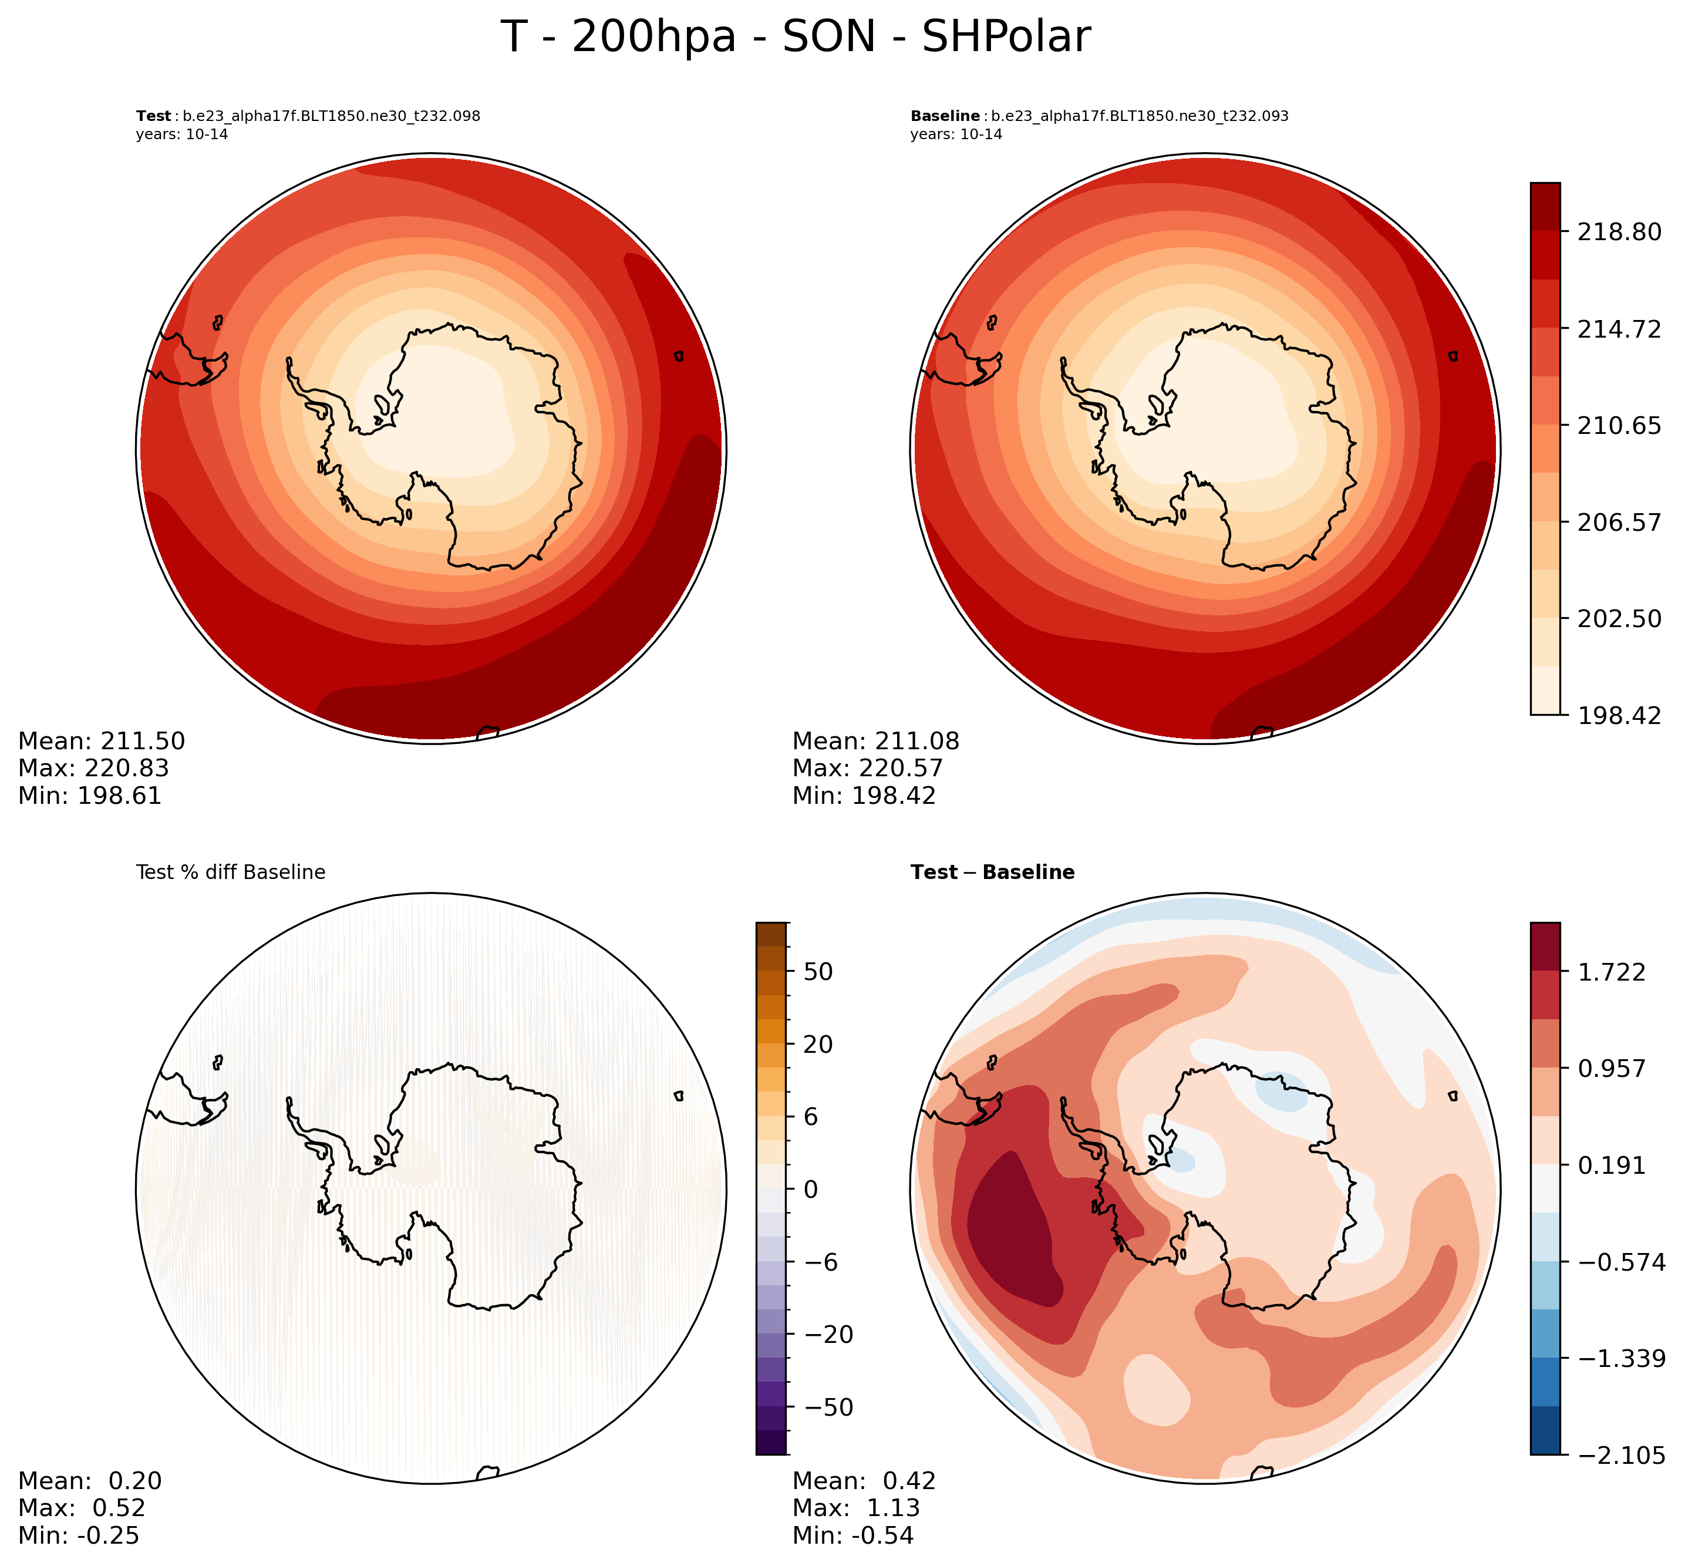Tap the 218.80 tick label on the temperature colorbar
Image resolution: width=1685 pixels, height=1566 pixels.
coord(1618,231)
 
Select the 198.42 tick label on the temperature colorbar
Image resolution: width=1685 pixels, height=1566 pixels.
coord(1618,715)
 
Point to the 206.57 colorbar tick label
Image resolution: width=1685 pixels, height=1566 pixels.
coord(1618,522)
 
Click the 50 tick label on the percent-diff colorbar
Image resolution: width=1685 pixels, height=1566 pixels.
coord(818,972)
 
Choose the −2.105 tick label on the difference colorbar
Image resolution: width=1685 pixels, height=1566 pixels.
coord(1618,1456)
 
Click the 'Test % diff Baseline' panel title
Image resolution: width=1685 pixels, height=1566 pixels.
coord(230,873)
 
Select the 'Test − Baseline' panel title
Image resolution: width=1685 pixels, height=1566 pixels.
coord(992,873)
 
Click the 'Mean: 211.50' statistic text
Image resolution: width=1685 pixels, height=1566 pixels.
coord(101,742)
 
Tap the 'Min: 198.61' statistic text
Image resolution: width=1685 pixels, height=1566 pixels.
coord(89,796)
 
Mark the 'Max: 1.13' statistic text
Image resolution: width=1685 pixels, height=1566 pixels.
coord(855,1508)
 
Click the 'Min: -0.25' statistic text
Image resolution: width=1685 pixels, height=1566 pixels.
coord(78,1535)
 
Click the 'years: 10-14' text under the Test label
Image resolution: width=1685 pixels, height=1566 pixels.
coord(181,134)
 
